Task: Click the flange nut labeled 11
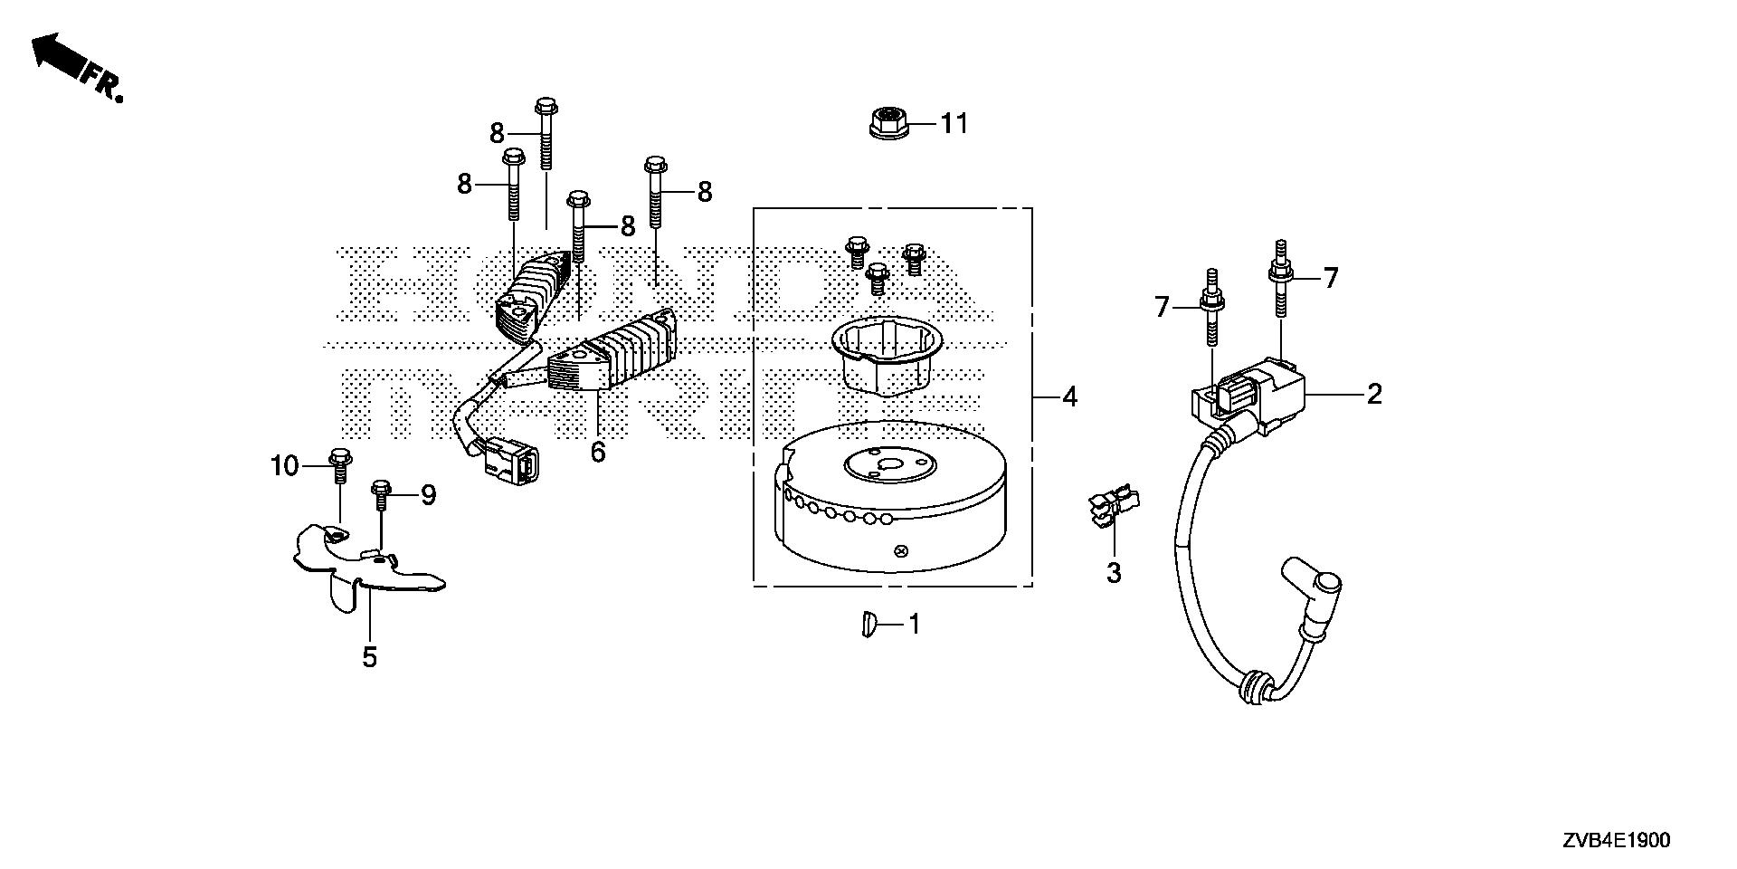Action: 887,122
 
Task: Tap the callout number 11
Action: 954,123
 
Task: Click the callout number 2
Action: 1374,394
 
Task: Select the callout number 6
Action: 597,452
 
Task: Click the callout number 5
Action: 369,657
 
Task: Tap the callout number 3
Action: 1114,573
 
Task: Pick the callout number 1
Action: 914,624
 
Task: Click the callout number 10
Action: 284,466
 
